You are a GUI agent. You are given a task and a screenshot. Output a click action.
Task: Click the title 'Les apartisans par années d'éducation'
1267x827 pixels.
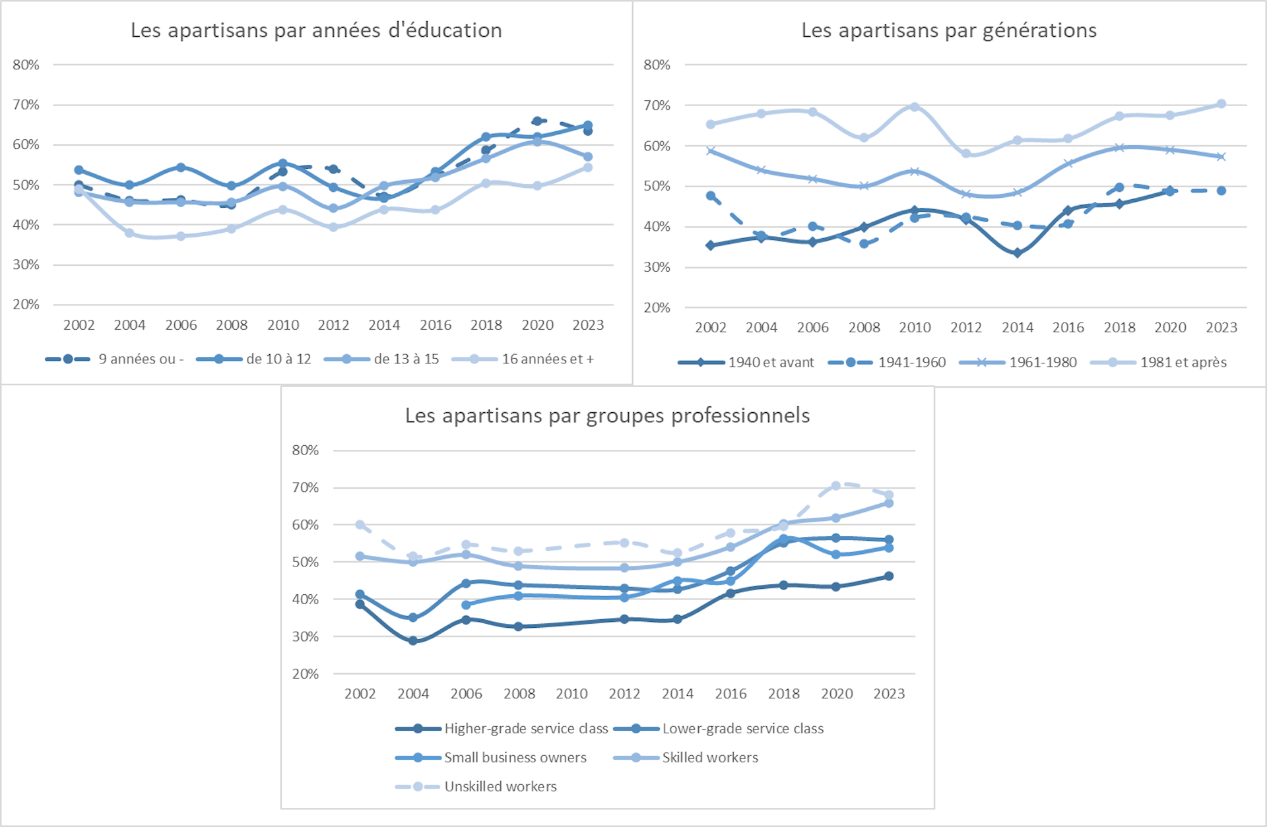click(316, 30)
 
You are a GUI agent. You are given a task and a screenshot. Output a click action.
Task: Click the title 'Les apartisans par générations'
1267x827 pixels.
click(949, 30)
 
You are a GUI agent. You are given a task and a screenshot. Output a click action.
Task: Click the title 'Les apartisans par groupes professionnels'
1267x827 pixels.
click(607, 415)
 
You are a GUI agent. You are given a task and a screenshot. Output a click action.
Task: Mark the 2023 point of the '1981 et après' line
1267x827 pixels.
click(1221, 104)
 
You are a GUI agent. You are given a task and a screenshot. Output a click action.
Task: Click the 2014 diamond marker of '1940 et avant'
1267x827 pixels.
click(1018, 253)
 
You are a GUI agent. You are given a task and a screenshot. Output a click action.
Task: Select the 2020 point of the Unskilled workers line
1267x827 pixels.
click(836, 485)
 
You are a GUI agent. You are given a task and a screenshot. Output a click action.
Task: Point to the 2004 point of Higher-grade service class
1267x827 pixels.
click(413, 640)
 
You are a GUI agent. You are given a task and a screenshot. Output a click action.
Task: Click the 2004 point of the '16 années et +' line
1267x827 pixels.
click(129, 233)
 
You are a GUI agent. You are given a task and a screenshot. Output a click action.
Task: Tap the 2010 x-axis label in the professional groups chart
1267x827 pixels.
click(571, 694)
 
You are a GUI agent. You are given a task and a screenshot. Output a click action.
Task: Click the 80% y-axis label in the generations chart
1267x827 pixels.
click(657, 65)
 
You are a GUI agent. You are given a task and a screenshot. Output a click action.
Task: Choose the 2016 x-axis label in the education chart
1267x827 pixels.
click(436, 324)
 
